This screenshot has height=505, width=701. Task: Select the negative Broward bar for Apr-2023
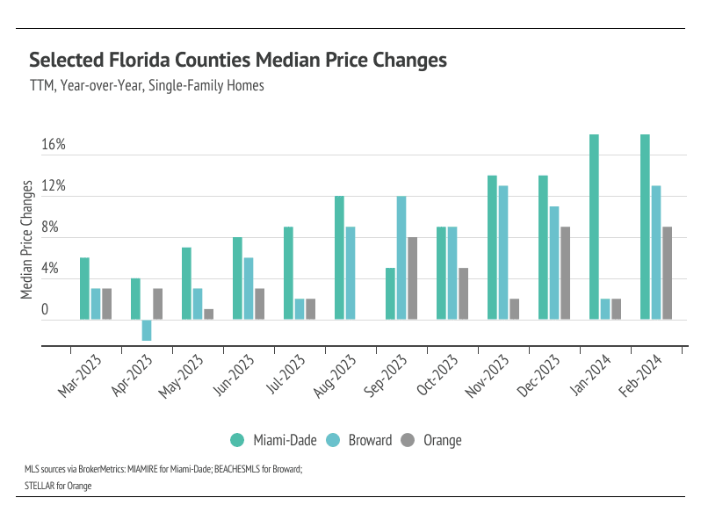pyautogui.click(x=147, y=330)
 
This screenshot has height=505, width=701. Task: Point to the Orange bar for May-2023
pyautogui.click(x=208, y=314)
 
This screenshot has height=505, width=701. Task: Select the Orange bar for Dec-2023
pyautogui.click(x=566, y=273)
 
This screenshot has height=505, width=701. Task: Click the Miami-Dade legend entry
pyautogui.click(x=269, y=440)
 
